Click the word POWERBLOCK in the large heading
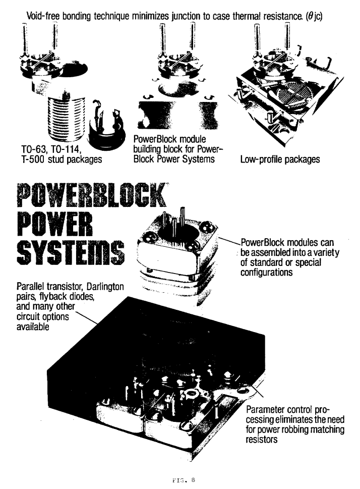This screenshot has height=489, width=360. pos(92,195)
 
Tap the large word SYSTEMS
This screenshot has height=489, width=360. pos(71,252)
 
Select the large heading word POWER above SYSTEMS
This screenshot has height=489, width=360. pos(55,224)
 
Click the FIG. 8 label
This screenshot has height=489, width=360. pos(184,480)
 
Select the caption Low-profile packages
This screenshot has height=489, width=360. pos(280,159)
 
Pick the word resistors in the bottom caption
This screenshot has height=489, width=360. pos(262,440)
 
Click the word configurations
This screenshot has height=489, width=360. pos(267,273)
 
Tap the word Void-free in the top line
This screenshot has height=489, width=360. pos(43,16)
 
